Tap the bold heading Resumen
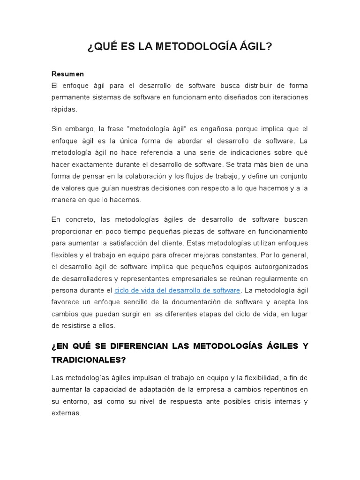pyautogui.click(x=67, y=74)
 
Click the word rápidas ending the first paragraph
pyautogui.click(x=64, y=109)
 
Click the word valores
pyautogui.click(x=73, y=188)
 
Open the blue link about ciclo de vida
pyautogui.click(x=177, y=291)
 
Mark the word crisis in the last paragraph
pyautogui.click(x=255, y=402)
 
